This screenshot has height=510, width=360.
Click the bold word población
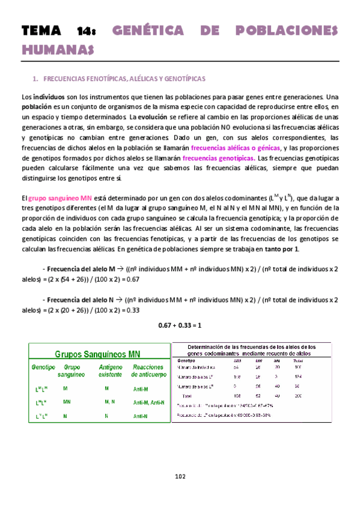pyautogui.click(x=37, y=106)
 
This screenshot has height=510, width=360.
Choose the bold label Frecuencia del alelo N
pyautogui.click(x=81, y=300)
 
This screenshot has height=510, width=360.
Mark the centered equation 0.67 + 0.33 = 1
pyautogui.click(x=179, y=325)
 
